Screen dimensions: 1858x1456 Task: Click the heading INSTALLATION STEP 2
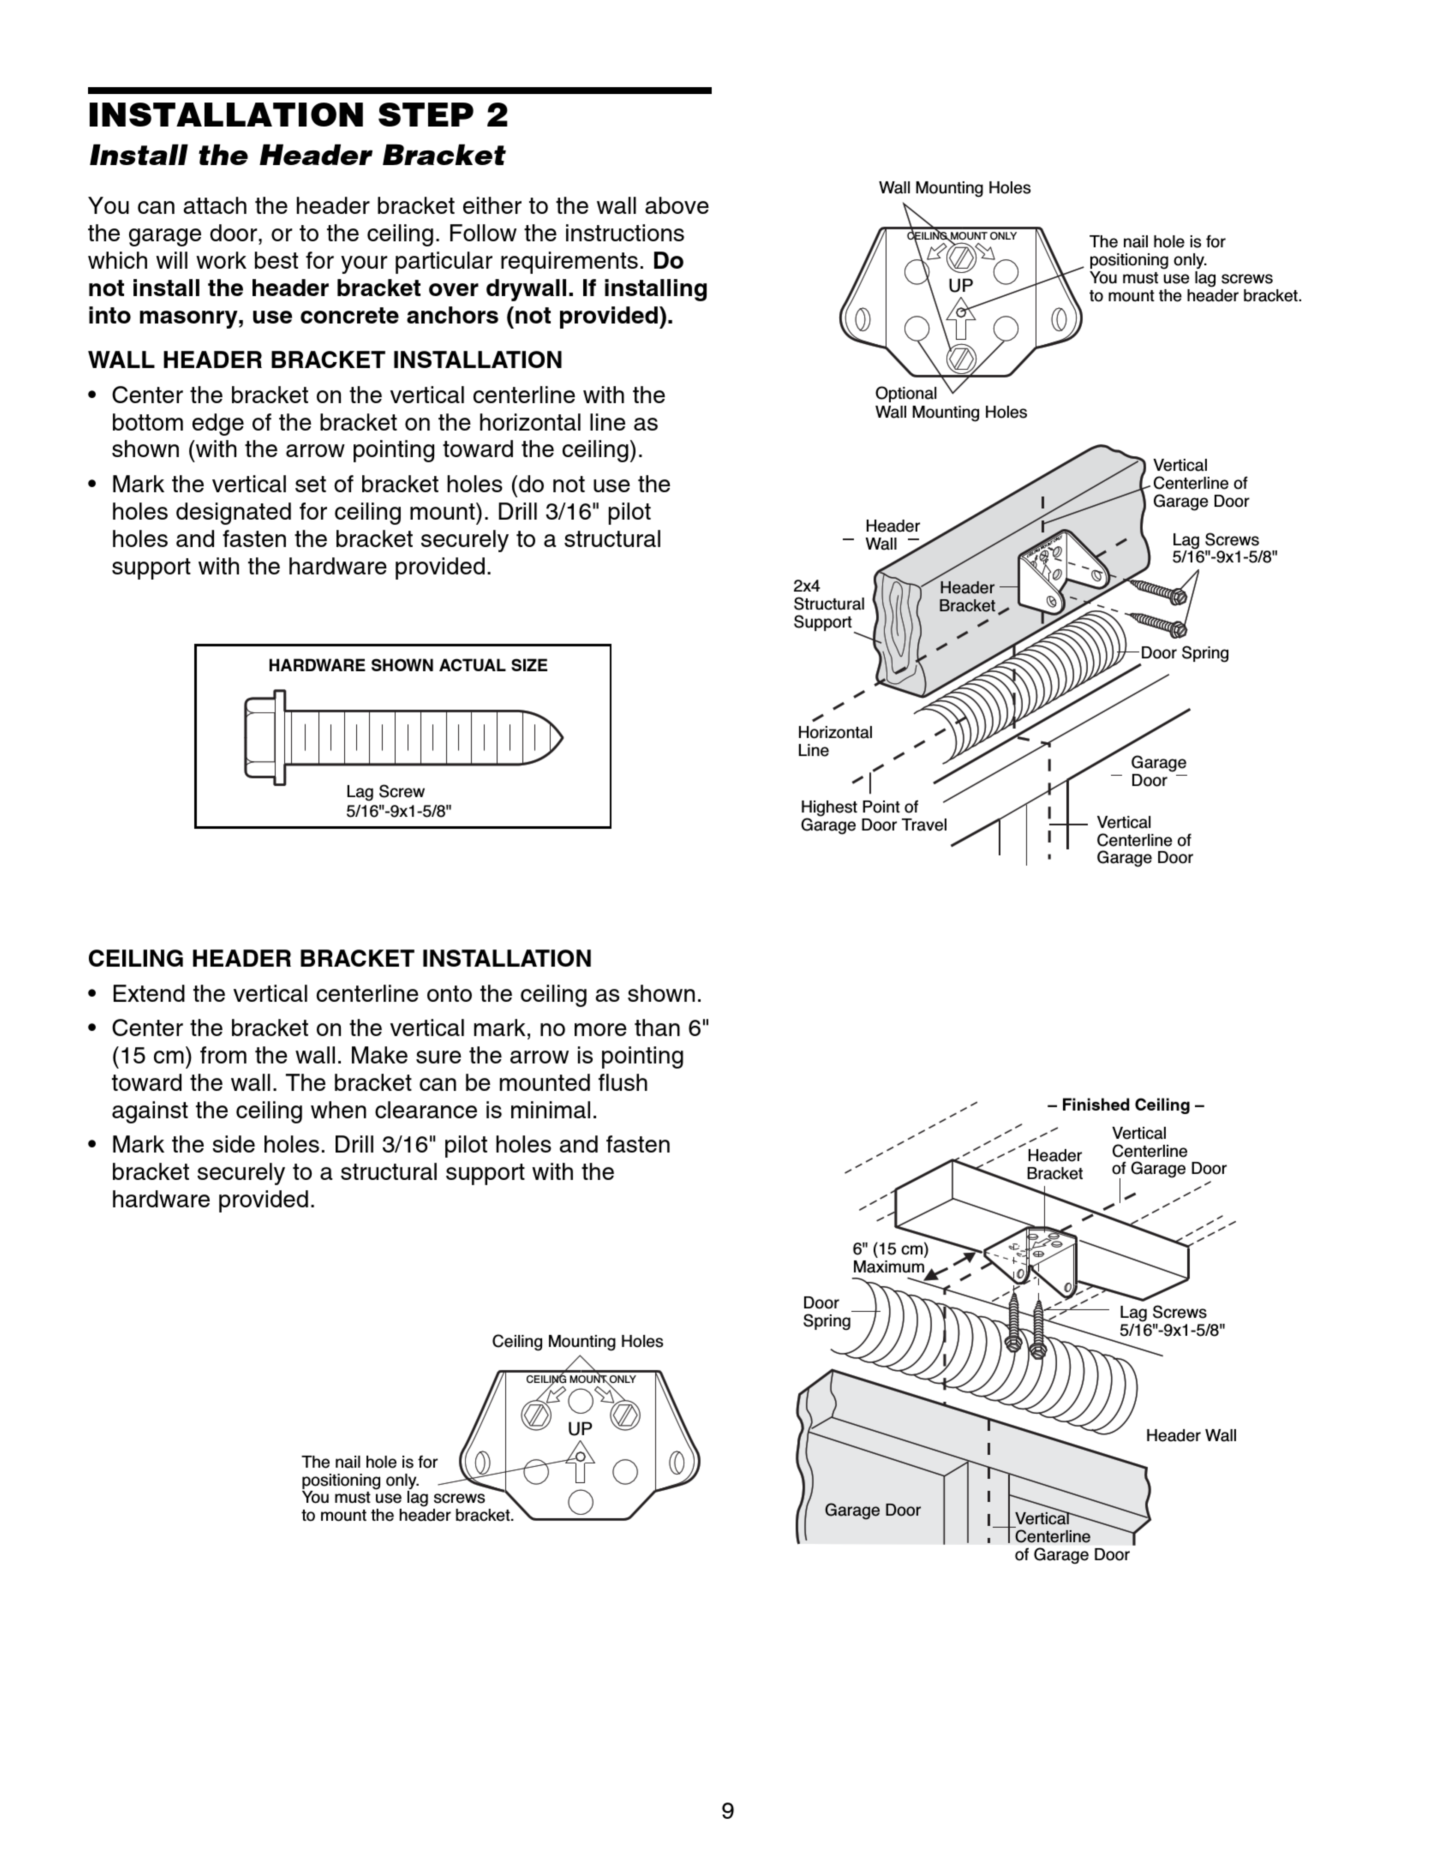pos(298,115)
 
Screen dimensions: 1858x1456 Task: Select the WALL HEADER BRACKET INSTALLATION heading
pos(325,360)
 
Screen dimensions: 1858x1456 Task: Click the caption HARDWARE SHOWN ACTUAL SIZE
pos(408,666)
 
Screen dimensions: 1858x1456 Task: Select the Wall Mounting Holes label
pos(954,188)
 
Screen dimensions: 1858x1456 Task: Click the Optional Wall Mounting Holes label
pos(951,402)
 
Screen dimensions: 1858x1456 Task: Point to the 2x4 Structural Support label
pos(828,604)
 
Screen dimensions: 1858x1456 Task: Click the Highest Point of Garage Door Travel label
pos(873,816)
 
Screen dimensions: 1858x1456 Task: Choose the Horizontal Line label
pos(835,741)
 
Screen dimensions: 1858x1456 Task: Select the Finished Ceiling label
pos(1125,1105)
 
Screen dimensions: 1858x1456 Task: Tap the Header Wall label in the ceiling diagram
pos(1190,1435)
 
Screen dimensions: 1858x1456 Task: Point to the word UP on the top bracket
pos(961,286)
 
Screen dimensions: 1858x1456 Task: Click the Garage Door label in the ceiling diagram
pos(872,1510)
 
